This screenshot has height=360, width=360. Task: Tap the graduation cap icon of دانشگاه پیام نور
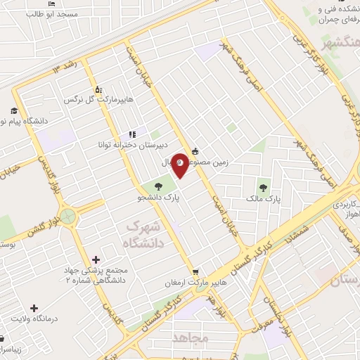click(14, 110)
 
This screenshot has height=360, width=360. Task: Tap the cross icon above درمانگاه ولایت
click(34, 308)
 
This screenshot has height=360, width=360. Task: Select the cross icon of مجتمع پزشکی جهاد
click(96, 260)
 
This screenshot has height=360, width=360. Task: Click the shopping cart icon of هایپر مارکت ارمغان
click(195, 271)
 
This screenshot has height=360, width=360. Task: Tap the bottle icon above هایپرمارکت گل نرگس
click(98, 89)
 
